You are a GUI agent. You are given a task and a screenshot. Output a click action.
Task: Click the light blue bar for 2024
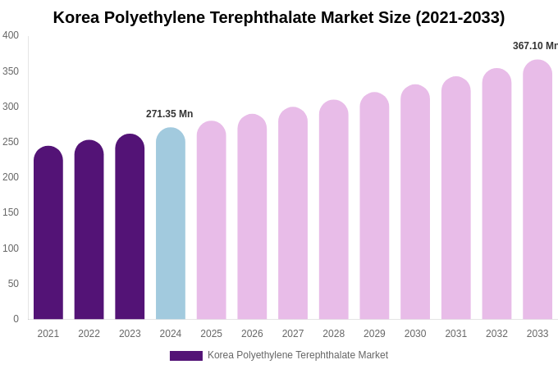click(171, 225)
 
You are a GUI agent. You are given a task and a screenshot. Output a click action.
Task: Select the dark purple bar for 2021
click(48, 234)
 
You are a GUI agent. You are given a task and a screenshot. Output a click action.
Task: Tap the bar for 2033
click(537, 190)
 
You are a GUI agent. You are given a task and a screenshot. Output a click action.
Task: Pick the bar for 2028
click(333, 211)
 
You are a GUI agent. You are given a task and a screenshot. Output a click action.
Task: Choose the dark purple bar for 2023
click(130, 228)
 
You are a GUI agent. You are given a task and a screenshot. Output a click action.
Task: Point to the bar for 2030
click(415, 203)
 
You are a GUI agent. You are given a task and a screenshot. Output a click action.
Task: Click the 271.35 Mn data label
click(169, 114)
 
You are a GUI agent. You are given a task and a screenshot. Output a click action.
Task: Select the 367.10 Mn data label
click(534, 46)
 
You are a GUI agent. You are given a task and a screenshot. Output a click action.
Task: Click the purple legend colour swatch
click(185, 356)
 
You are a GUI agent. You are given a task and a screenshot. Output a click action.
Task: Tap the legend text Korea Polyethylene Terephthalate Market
click(298, 355)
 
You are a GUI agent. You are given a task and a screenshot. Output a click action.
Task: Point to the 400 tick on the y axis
click(11, 35)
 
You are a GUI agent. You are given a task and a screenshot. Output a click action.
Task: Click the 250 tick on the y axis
click(11, 142)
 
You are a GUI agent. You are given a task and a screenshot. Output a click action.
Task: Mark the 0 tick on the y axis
click(16, 319)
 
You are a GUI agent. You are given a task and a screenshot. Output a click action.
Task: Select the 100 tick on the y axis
click(11, 248)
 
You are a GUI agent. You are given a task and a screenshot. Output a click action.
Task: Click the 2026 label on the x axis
click(252, 334)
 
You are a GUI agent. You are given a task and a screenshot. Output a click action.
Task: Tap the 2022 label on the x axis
click(89, 334)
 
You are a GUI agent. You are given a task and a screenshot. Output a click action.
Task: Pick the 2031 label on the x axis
click(455, 334)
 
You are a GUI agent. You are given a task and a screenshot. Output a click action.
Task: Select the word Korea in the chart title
click(77, 17)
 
